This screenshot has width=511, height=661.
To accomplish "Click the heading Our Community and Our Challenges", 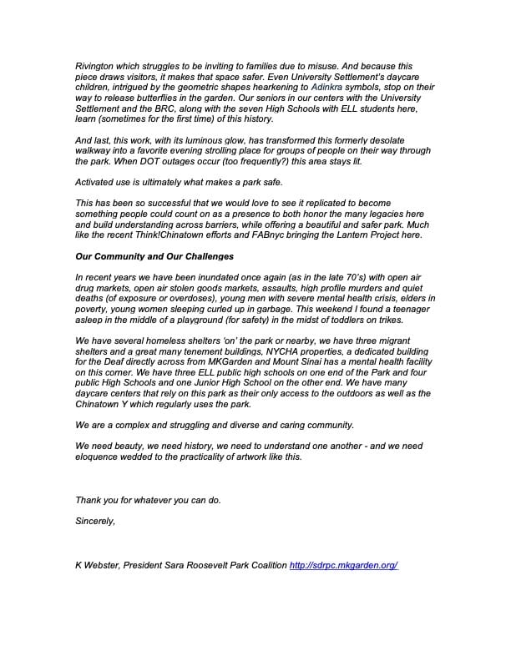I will point(154,255).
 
